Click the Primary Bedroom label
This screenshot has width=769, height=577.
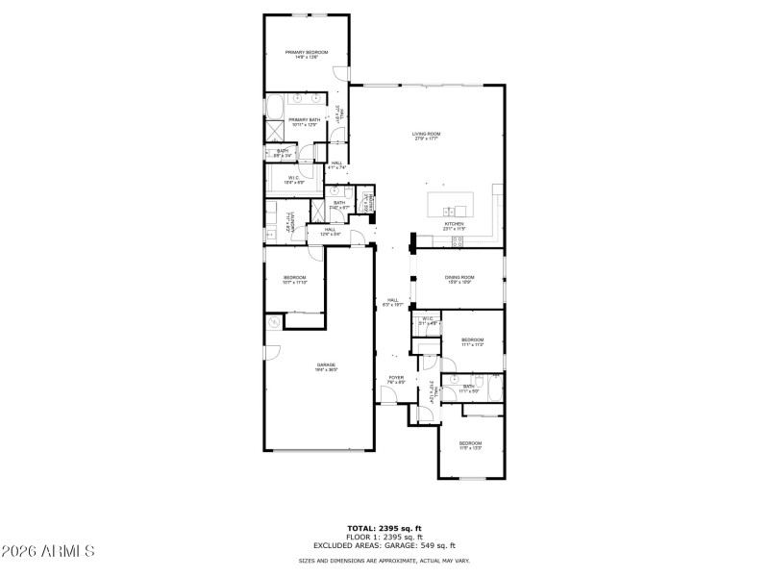(306, 54)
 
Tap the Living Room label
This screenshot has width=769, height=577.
(426, 136)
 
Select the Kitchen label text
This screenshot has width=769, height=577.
(454, 227)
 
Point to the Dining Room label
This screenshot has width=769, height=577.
(458, 279)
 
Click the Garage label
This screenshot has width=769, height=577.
(327, 366)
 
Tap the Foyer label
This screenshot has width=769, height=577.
(396, 380)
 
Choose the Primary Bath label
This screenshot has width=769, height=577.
(304, 122)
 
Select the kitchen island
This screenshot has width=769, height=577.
(450, 205)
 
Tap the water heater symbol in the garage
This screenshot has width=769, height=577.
(274, 322)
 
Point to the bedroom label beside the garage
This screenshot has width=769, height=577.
(294, 280)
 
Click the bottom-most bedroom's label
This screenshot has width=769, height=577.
(469, 445)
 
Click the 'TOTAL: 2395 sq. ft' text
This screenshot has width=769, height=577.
(384, 528)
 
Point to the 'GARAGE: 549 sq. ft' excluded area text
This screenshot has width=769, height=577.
(420, 545)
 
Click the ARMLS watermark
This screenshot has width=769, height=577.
(48, 551)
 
